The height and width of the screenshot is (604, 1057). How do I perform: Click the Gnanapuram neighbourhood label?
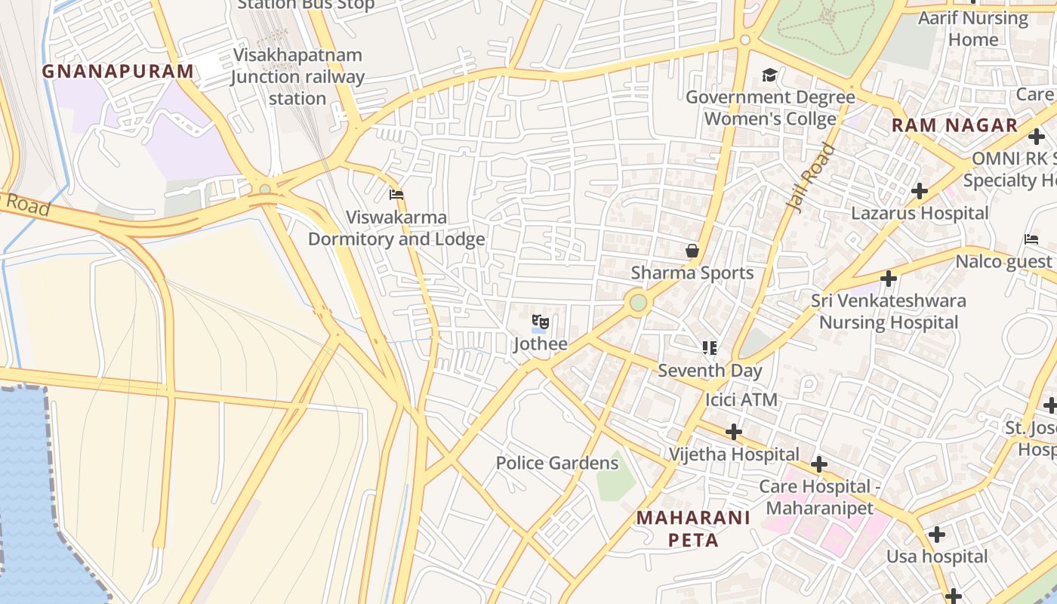click(118, 71)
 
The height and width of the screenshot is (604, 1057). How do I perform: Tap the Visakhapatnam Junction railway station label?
click(297, 77)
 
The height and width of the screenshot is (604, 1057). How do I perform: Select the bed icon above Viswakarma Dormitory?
click(396, 195)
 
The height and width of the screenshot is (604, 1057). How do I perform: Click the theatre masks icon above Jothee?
click(540, 322)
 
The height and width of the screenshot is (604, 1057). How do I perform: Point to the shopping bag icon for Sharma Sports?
click(692, 251)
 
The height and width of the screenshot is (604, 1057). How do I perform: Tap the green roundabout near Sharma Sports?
click(639, 303)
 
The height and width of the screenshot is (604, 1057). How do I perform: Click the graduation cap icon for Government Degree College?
click(769, 75)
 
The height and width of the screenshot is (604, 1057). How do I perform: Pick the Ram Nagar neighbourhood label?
click(954, 125)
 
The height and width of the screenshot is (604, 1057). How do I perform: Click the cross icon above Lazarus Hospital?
click(919, 191)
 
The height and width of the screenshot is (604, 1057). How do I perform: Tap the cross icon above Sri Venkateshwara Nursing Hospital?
click(889, 279)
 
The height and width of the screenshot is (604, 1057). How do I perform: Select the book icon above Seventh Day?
click(709, 348)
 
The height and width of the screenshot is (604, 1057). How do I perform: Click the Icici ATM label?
click(741, 399)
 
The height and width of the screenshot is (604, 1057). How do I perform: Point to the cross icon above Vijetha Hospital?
click(733, 432)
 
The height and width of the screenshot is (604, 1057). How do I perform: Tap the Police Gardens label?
click(556, 463)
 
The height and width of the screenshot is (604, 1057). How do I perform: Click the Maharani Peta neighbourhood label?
click(693, 528)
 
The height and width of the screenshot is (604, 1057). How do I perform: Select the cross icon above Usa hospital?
click(936, 535)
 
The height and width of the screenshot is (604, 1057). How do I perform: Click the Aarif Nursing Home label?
click(972, 29)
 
